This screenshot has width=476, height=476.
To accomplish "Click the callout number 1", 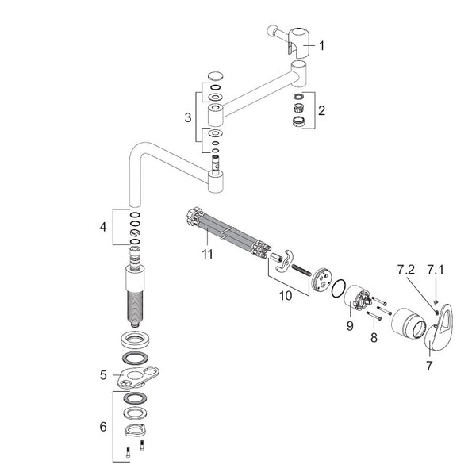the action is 321,46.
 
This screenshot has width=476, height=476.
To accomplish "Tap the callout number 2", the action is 321,110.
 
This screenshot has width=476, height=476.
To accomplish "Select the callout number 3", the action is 188,117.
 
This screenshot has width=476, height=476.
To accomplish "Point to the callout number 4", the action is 103,227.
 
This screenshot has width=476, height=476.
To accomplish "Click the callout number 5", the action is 103,375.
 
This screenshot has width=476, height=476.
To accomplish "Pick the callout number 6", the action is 103,427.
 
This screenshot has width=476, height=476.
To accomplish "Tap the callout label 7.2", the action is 406,270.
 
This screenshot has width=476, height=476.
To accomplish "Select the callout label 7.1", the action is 436,270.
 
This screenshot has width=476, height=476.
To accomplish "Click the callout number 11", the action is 208,255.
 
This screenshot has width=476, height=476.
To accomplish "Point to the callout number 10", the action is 286,295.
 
